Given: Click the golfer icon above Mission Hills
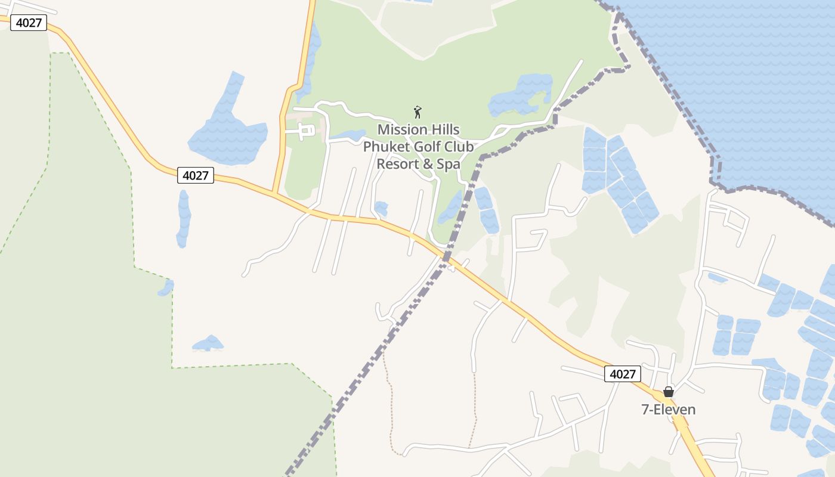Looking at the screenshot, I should [x=417, y=112].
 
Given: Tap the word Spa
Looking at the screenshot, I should [x=448, y=164].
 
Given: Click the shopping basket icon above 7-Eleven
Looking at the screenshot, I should [x=669, y=392].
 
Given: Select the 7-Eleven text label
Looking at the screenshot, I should [x=669, y=410].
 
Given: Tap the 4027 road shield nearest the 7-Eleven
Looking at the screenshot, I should [x=623, y=374].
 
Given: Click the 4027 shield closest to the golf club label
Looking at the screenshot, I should [x=196, y=175].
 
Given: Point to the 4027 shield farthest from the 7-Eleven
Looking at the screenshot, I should [x=29, y=23].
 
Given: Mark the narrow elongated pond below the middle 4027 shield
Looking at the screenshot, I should [x=184, y=219].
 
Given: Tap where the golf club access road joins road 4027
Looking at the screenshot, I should [x=274, y=193].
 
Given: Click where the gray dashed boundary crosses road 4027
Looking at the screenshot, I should [x=445, y=258].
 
